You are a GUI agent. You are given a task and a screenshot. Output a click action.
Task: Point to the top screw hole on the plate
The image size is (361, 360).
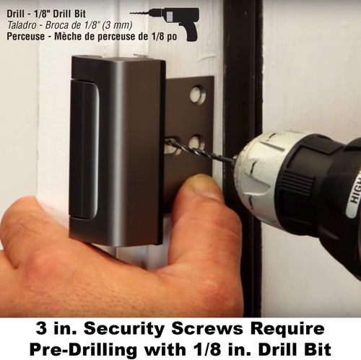pyautogui.click(x=197, y=94)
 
